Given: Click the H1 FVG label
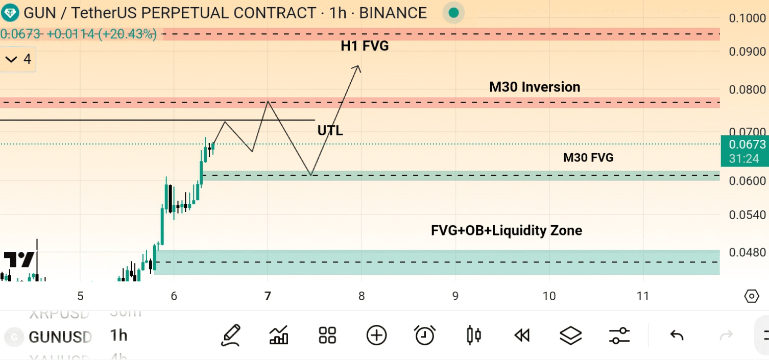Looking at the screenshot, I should coord(365,46).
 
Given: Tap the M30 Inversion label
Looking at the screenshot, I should coord(535,87).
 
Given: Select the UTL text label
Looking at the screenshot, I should coord(330,131).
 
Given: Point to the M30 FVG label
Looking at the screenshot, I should coord(588,158).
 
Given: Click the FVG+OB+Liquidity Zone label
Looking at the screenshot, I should coord(507,231).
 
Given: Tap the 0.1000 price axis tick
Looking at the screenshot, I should coord(747,18).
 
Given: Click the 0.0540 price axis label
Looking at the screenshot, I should coord(747,215).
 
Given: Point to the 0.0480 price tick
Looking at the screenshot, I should coord(747,252).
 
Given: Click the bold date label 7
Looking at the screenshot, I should coord(268,296).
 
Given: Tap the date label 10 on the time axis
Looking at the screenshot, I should coord(549,296).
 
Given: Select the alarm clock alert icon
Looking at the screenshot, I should coord(424,335).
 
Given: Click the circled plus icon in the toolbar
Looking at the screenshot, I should coord(376,335).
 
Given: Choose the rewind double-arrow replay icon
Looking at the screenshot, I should coord(521,335).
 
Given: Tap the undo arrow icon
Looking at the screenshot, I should coord(677,335).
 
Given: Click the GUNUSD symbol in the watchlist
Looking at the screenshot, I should coord(60,337).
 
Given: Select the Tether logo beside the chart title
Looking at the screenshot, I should coord(10,12).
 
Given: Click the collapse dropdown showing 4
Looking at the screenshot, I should coord(18,60).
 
